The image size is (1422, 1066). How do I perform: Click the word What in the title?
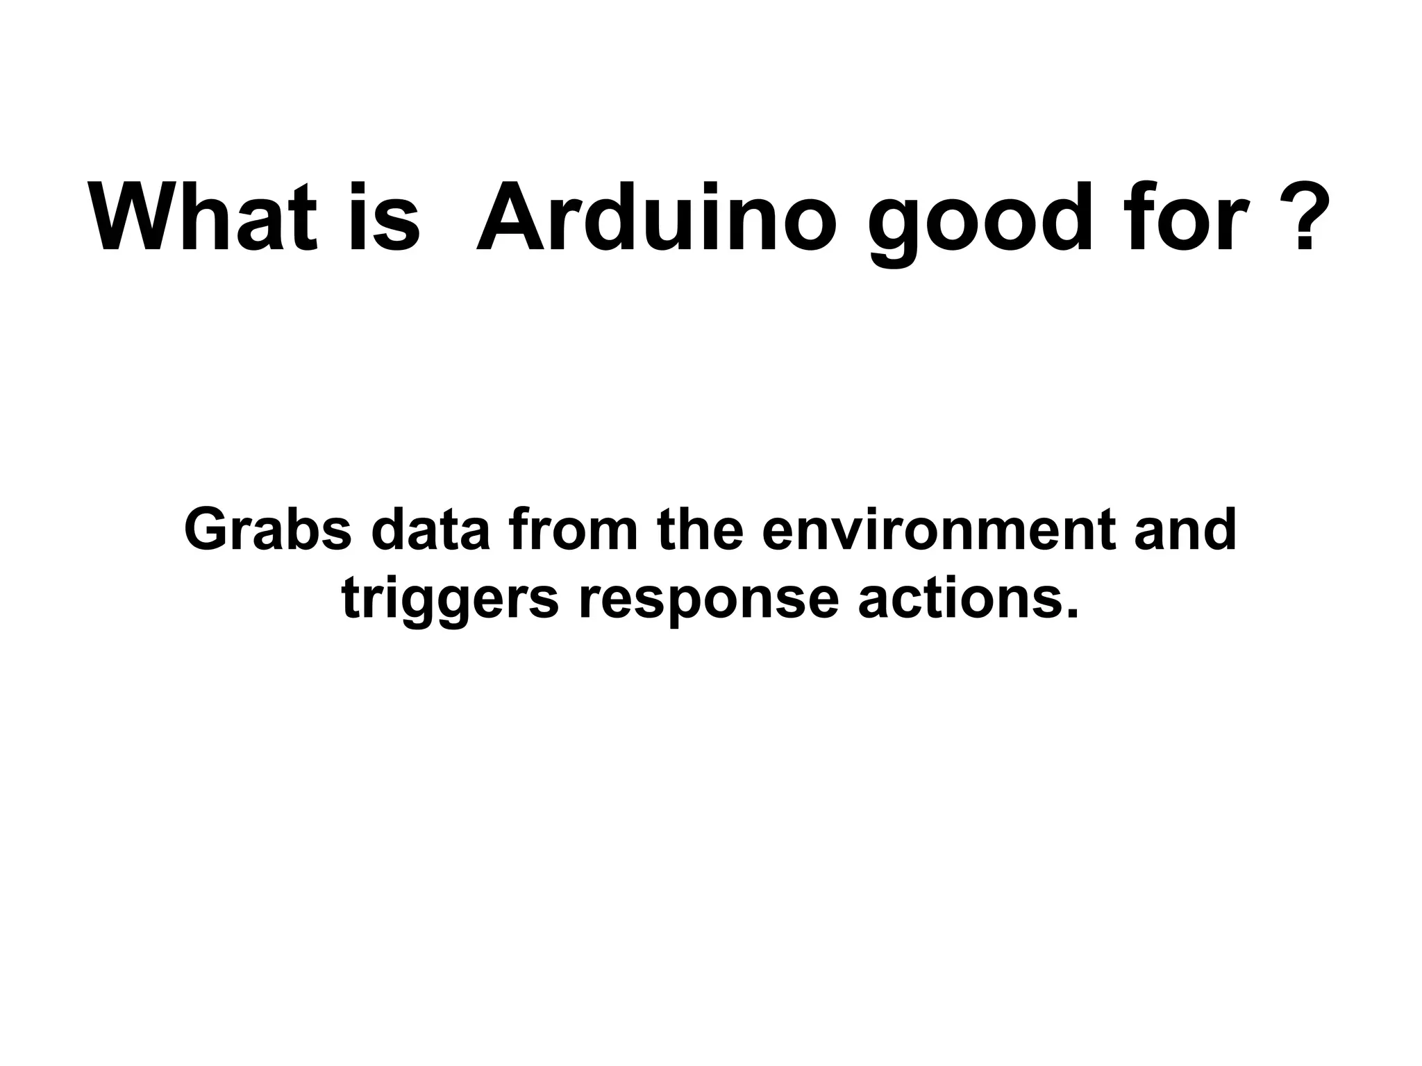click(x=204, y=218)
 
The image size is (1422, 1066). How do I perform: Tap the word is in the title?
click(x=384, y=218)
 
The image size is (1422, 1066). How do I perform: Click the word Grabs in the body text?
click(x=269, y=530)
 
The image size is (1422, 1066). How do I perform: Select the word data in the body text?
click(x=430, y=530)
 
